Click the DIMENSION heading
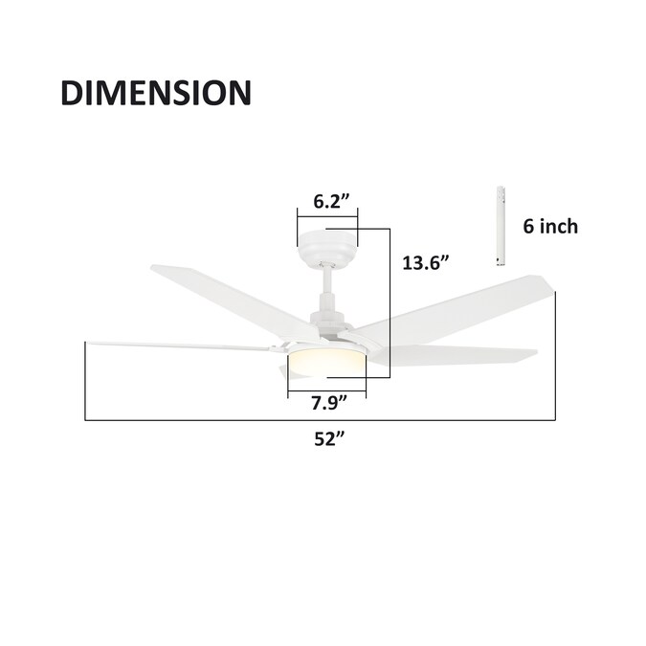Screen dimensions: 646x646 156,93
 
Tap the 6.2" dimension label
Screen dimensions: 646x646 332,202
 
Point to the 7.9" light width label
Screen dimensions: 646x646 329,403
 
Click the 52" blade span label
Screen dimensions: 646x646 329,438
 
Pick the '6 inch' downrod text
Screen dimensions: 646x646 550,226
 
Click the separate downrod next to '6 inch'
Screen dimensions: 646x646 501,226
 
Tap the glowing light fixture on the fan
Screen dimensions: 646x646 326,360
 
